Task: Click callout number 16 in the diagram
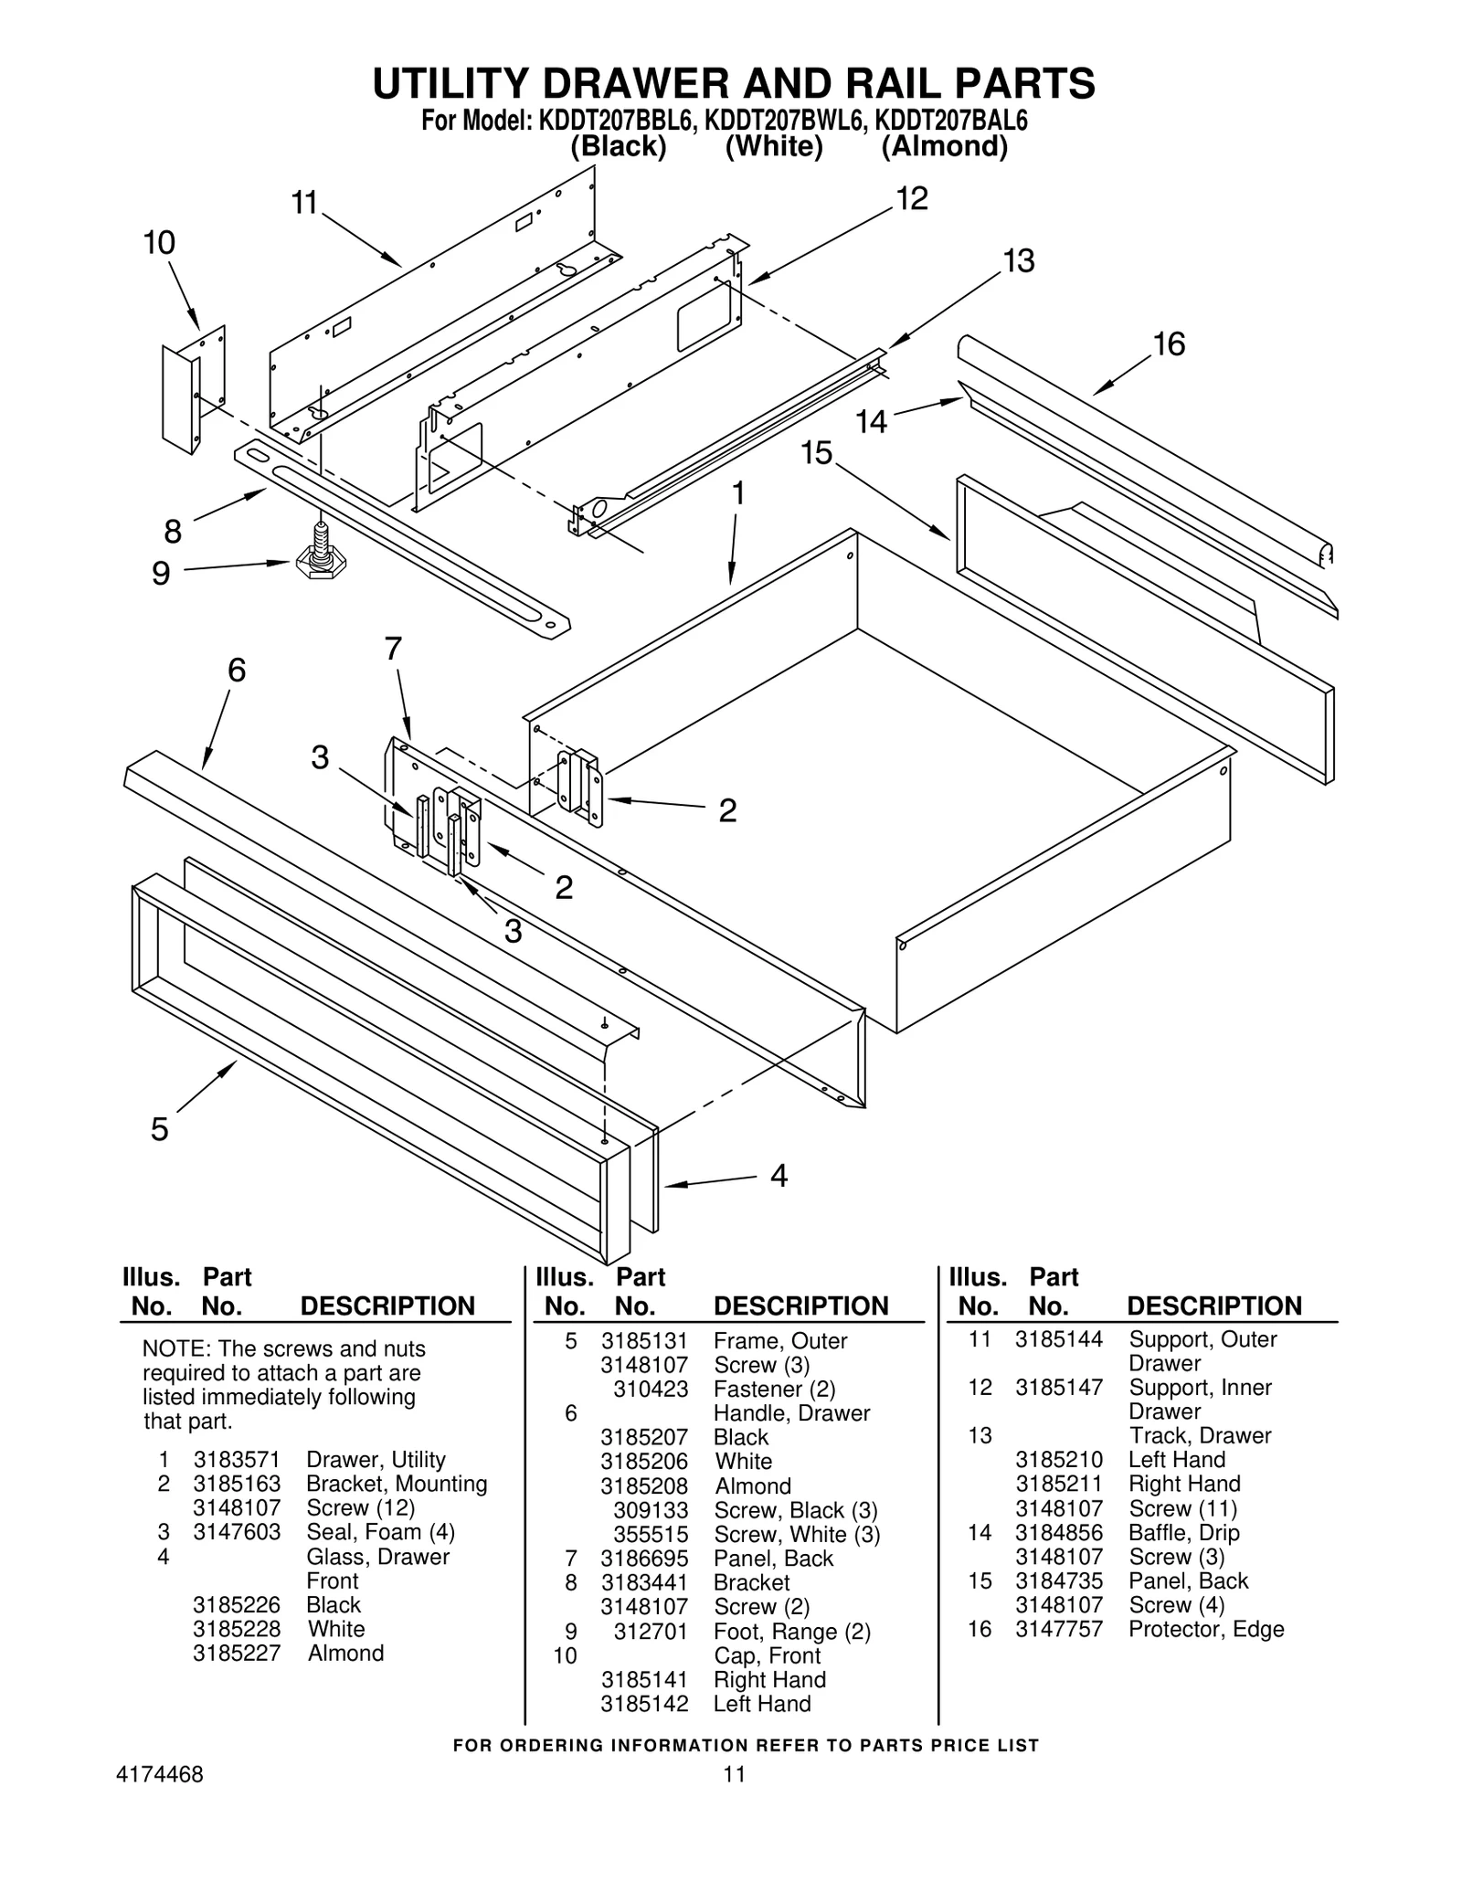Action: point(1168,344)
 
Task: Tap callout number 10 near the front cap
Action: point(159,243)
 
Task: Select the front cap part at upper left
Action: point(193,390)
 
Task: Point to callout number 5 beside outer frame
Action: point(160,1130)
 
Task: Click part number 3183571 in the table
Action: point(237,1459)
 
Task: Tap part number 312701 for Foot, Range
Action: point(650,1631)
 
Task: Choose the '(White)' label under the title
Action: point(774,146)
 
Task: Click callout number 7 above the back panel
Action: point(393,649)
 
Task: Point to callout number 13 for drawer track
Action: point(1019,261)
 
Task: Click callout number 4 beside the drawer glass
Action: point(779,1175)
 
